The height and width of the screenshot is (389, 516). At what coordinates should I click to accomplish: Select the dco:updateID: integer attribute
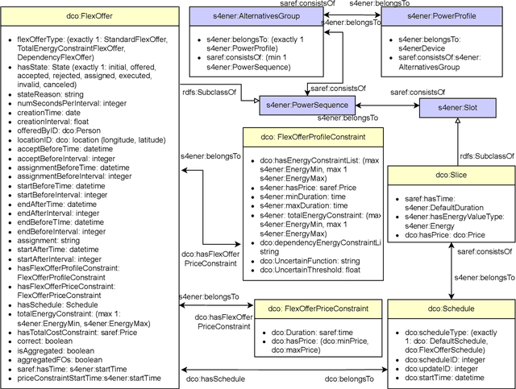tap(440, 358)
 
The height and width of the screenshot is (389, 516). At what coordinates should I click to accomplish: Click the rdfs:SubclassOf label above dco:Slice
tap(481, 155)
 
